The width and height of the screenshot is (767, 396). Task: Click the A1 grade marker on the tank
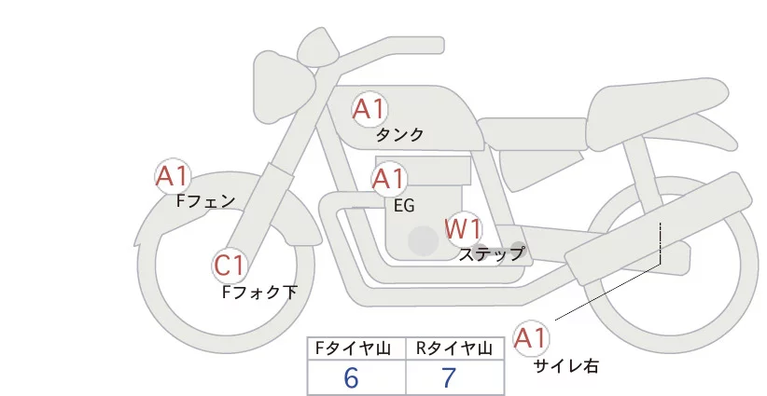pyautogui.click(x=369, y=109)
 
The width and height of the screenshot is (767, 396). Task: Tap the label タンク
pyautogui.click(x=399, y=135)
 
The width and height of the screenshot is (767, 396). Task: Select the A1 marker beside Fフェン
pyautogui.click(x=173, y=175)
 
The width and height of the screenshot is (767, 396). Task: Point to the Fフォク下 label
pyautogui.click(x=259, y=293)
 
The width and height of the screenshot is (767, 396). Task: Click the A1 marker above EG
pyautogui.click(x=389, y=179)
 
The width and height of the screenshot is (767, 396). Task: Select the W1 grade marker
pyautogui.click(x=463, y=227)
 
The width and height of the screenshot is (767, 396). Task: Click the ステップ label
pyautogui.click(x=492, y=253)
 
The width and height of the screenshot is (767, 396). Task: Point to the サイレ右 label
pyautogui.click(x=566, y=366)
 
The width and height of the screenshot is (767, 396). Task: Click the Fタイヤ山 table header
pyautogui.click(x=356, y=348)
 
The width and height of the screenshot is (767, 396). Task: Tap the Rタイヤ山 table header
pyautogui.click(x=454, y=348)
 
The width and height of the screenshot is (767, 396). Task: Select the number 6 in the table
pyautogui.click(x=352, y=377)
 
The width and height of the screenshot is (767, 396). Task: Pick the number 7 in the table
pyautogui.click(x=450, y=377)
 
